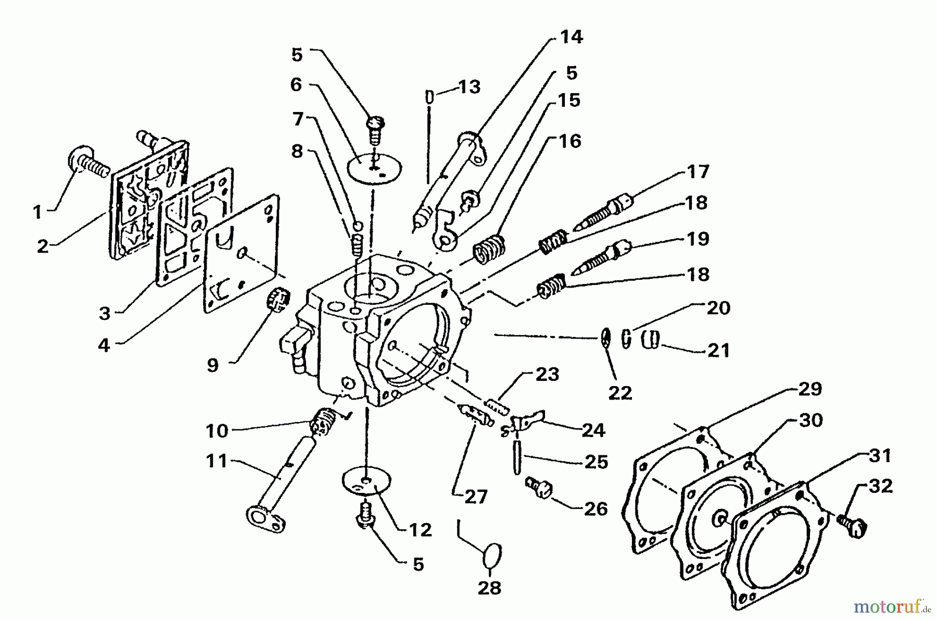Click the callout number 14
point(571,37)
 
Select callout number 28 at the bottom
point(489,588)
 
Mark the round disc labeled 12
point(366,483)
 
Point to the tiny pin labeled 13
point(430,97)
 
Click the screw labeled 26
point(539,488)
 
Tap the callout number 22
point(619,392)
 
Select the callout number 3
point(105,313)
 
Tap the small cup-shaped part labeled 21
point(650,340)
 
